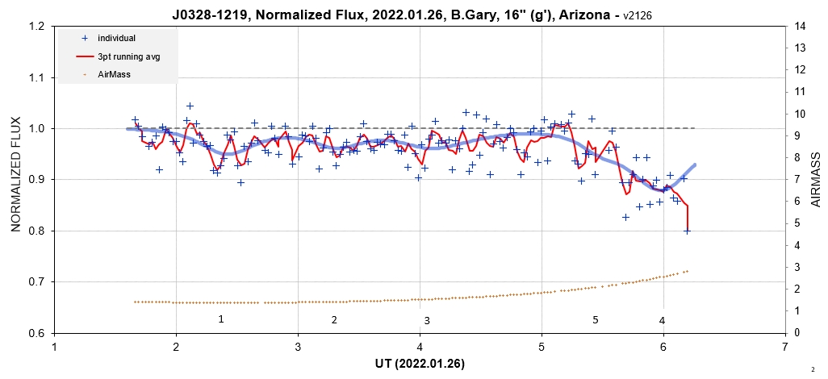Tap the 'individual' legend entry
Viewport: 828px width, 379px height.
pyautogui.click(x=116, y=38)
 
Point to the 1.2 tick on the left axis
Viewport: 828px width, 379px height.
pyautogui.click(x=35, y=27)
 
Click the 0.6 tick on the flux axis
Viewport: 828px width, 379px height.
pyautogui.click(x=35, y=333)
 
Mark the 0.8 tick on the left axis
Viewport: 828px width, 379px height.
pyautogui.click(x=35, y=231)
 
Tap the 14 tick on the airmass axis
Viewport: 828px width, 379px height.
pyautogui.click(x=801, y=27)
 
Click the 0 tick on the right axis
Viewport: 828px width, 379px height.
pyautogui.click(x=797, y=333)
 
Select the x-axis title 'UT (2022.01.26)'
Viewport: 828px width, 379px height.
pyautogui.click(x=419, y=364)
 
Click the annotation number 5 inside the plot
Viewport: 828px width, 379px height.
pyautogui.click(x=596, y=320)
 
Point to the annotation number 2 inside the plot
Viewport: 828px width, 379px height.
pyautogui.click(x=333, y=320)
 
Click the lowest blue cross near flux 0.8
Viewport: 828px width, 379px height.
pyautogui.click(x=688, y=231)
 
